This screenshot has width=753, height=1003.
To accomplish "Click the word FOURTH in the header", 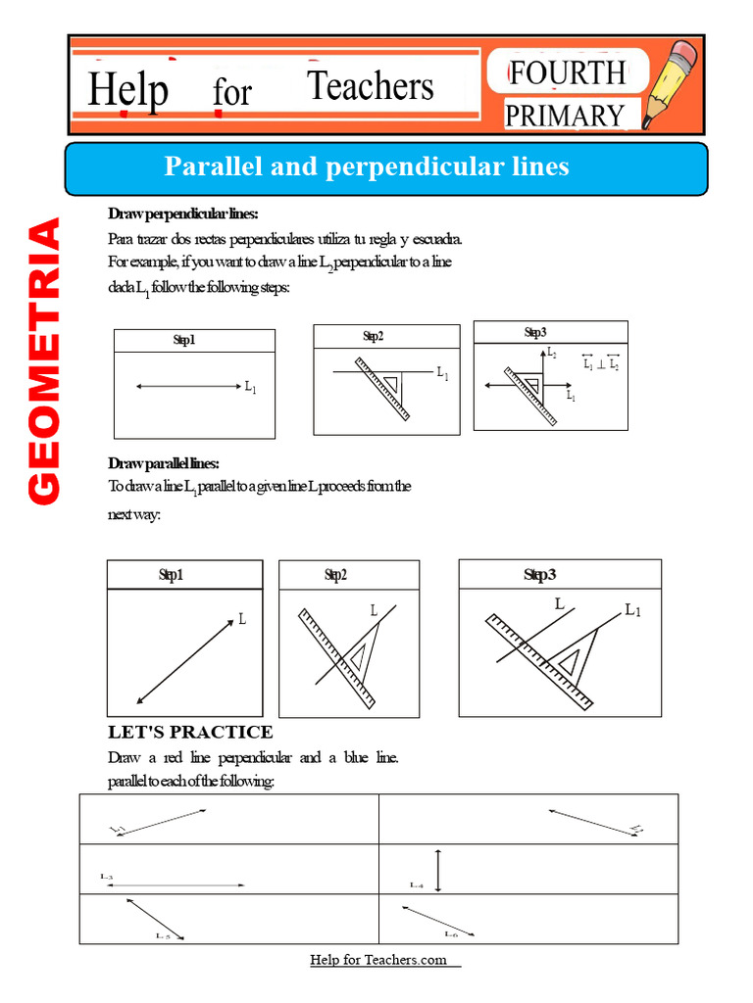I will [x=567, y=72].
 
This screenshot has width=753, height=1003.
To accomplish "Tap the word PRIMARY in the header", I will [x=564, y=116].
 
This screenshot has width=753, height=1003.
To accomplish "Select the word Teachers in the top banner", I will [x=370, y=87].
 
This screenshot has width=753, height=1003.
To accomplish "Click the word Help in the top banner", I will [x=127, y=91].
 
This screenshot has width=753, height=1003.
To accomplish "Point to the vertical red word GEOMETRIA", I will [x=44, y=361].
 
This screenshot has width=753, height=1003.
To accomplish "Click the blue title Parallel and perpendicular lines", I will [x=366, y=167].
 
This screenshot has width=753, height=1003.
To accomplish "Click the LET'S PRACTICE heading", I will [x=189, y=732].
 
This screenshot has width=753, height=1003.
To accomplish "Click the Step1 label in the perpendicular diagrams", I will [x=184, y=340].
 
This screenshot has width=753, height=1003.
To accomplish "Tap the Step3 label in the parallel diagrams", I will [x=539, y=575].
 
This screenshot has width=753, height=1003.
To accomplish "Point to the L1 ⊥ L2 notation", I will [x=600, y=364].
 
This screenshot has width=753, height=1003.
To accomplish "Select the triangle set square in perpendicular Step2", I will [x=391, y=383].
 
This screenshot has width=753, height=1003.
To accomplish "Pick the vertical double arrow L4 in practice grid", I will [x=439, y=869].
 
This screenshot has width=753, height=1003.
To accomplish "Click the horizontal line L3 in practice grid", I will [x=176, y=885].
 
